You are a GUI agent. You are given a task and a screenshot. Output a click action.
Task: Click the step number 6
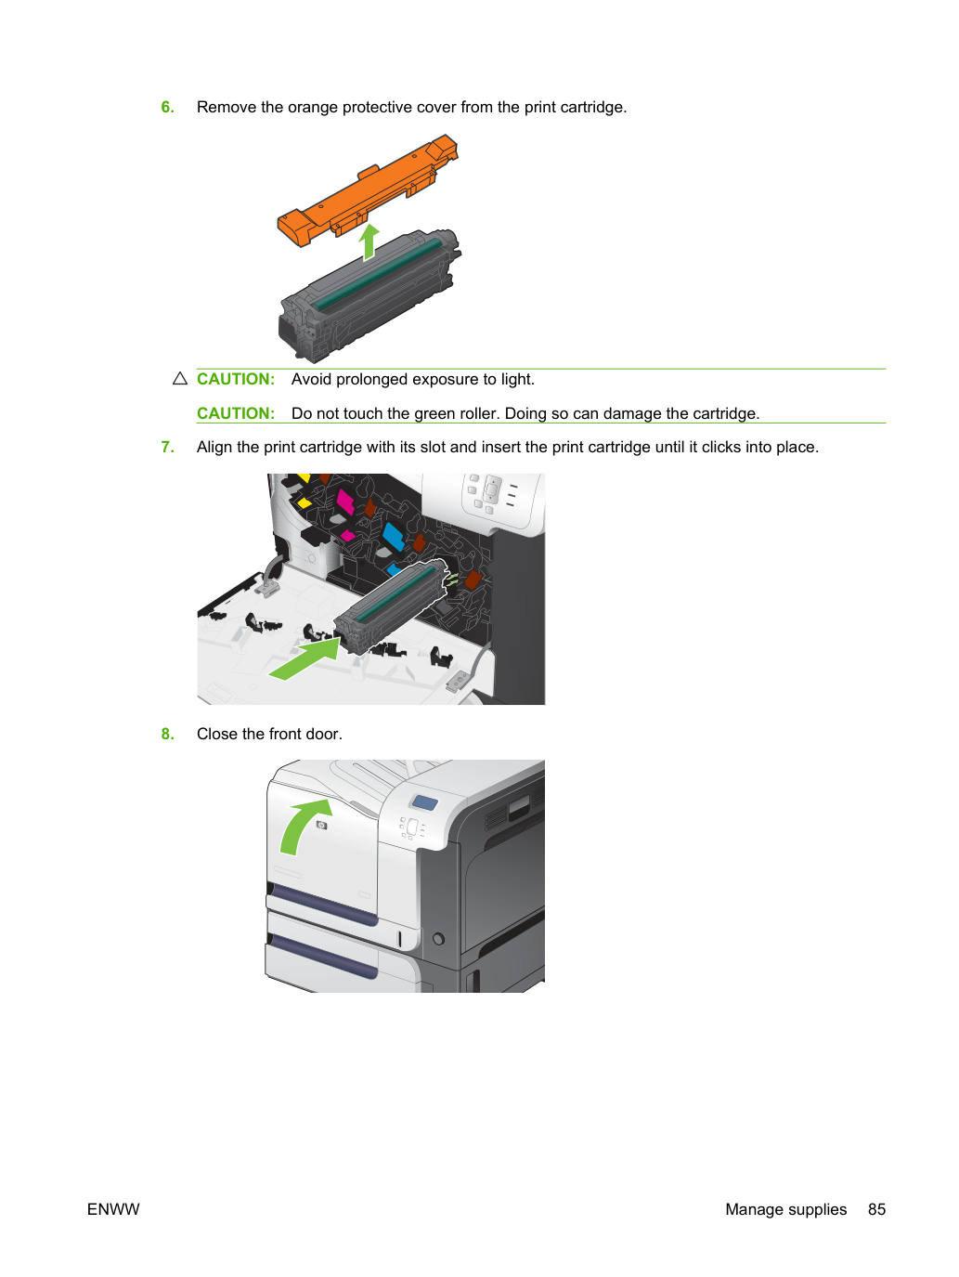167,107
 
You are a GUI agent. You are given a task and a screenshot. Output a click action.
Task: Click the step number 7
167,447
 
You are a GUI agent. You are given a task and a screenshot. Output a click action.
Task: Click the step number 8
167,734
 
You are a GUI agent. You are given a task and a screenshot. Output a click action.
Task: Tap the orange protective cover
368,190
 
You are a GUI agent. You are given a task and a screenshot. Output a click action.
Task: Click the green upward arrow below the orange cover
369,242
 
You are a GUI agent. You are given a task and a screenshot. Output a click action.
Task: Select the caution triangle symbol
180,379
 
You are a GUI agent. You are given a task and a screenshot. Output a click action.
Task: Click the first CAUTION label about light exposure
236,379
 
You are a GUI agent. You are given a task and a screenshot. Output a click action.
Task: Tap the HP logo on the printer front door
321,825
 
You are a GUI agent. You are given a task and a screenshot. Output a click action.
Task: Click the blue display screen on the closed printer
424,802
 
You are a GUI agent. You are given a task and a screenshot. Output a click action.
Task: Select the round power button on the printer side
438,938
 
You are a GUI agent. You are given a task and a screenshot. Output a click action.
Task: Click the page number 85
876,1209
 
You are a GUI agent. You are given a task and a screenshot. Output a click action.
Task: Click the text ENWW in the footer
113,1209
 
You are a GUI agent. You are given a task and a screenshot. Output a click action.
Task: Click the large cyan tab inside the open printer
394,537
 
